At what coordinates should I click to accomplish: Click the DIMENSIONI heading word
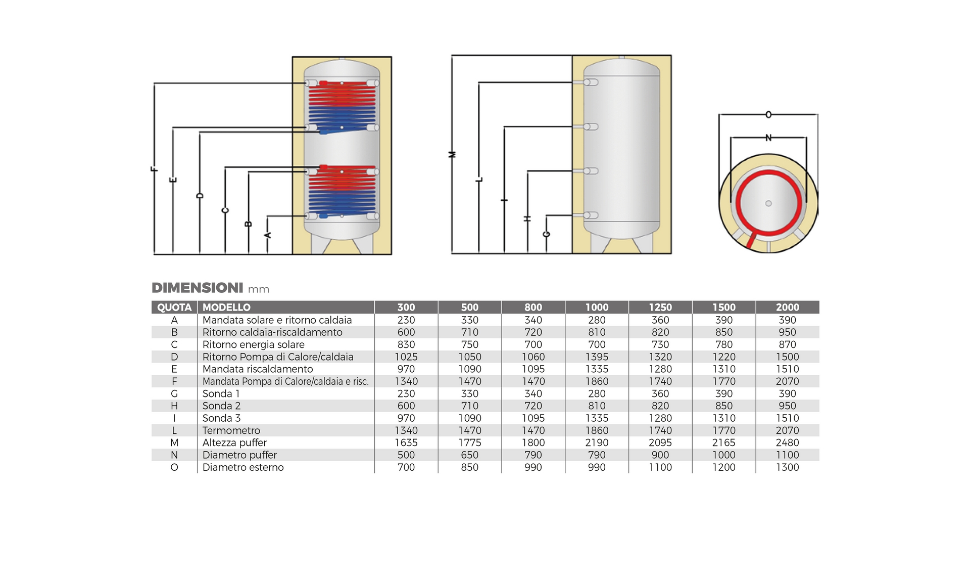(x=198, y=288)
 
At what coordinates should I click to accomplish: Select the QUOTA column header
(x=174, y=307)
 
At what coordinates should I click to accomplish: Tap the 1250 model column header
(x=660, y=307)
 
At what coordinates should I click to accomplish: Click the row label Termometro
(x=231, y=430)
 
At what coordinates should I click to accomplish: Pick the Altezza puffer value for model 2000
(x=787, y=442)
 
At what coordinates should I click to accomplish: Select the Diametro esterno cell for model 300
(x=406, y=467)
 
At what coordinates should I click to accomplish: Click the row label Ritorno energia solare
(x=254, y=344)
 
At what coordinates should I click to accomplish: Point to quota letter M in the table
(x=174, y=442)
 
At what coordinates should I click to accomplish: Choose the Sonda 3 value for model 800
(x=533, y=418)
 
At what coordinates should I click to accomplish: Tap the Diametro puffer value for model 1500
(x=724, y=455)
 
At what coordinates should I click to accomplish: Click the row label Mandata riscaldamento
(x=258, y=369)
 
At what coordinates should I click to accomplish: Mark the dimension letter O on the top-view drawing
(x=768, y=115)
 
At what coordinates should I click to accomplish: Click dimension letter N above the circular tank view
(x=768, y=138)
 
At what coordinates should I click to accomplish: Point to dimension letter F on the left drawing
(x=155, y=169)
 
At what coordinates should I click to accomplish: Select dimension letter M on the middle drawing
(x=453, y=154)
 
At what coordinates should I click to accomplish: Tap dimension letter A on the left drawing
(x=268, y=235)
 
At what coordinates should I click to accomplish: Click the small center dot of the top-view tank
(x=768, y=203)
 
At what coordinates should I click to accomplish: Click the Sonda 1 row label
(x=221, y=393)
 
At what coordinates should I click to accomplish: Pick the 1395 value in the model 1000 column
(x=597, y=357)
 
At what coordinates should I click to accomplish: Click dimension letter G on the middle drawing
(x=546, y=234)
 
